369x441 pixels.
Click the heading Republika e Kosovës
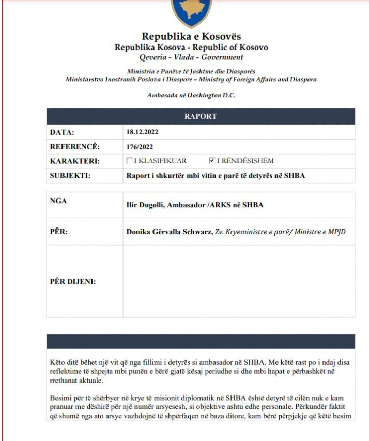click(191, 37)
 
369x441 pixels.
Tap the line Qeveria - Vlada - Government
click(191, 57)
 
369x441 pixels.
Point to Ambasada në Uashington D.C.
click(191, 95)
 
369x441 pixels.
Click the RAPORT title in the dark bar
click(201, 116)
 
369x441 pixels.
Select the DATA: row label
click(62, 132)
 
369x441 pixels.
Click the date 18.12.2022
click(142, 132)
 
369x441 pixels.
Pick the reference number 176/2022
click(140, 147)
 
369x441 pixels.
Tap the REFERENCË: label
click(74, 147)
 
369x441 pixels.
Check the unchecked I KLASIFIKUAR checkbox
click(130, 161)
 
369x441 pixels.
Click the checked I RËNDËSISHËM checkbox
click(212, 161)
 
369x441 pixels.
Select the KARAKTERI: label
click(74, 161)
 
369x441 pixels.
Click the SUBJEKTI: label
click(70, 175)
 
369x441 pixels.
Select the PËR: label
click(59, 232)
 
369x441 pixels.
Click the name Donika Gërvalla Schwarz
click(169, 232)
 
